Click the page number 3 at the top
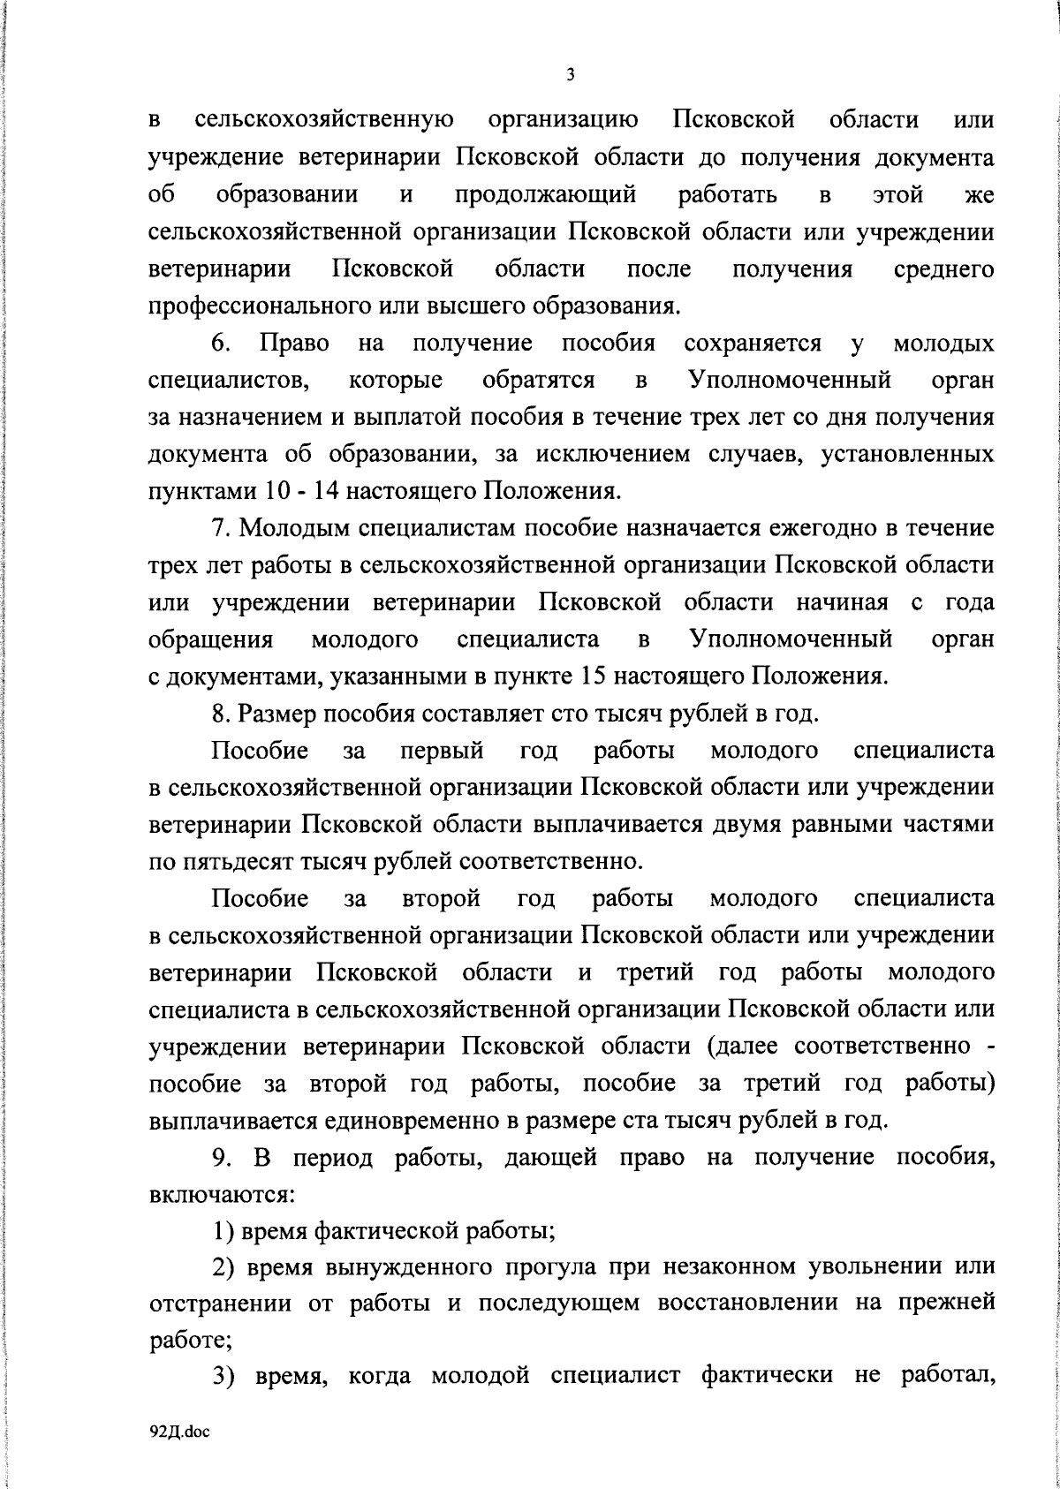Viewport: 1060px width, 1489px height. [570, 75]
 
